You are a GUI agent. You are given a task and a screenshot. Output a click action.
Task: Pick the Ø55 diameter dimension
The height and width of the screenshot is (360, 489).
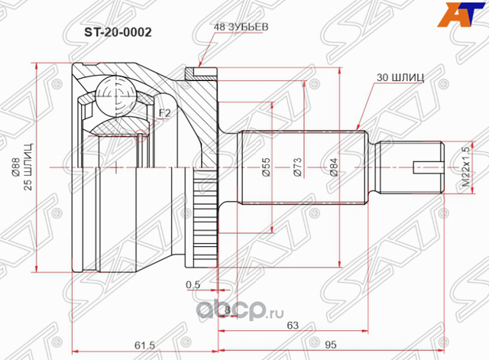(266, 167)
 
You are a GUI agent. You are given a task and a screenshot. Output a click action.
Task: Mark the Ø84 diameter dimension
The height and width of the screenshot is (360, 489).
(333, 167)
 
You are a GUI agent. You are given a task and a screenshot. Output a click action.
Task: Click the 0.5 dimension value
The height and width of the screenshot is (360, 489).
(192, 286)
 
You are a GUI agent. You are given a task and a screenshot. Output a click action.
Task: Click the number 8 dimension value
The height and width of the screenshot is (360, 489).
(228, 308)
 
